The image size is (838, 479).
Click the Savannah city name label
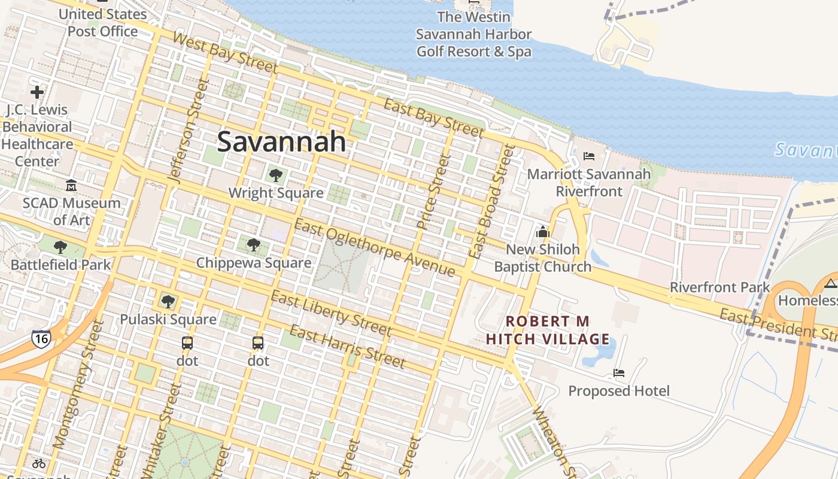pyautogui.click(x=281, y=142)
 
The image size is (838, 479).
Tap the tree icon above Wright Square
pyautogui.click(x=276, y=175)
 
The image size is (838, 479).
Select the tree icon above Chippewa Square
pyautogui.click(x=254, y=244)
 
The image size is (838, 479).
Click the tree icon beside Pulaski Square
pyautogui.click(x=168, y=301)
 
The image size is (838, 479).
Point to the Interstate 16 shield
pyautogui.click(x=41, y=338)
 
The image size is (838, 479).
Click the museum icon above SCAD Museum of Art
pyautogui.click(x=71, y=185)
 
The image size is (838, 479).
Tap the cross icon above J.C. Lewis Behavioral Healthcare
pyautogui.click(x=37, y=92)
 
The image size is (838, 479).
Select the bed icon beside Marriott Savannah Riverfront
pyautogui.click(x=589, y=156)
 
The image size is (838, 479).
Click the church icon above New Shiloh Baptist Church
pyautogui.click(x=543, y=232)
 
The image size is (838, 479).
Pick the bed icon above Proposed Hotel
pyautogui.click(x=619, y=373)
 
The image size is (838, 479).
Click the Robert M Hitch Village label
pyautogui.click(x=548, y=331)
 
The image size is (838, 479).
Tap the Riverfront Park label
pyautogui.click(x=719, y=287)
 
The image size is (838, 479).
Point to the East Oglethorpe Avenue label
pyautogui.click(x=375, y=247)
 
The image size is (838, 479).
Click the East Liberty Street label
pyautogui.click(x=331, y=313)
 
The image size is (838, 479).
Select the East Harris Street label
pyautogui.click(x=347, y=346)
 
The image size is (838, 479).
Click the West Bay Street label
pyautogui.click(x=224, y=52)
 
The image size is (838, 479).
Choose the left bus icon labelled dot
pyautogui.click(x=187, y=343)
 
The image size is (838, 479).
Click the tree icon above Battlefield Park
pyautogui.click(x=60, y=247)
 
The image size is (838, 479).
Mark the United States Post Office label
pyautogui.click(x=102, y=22)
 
